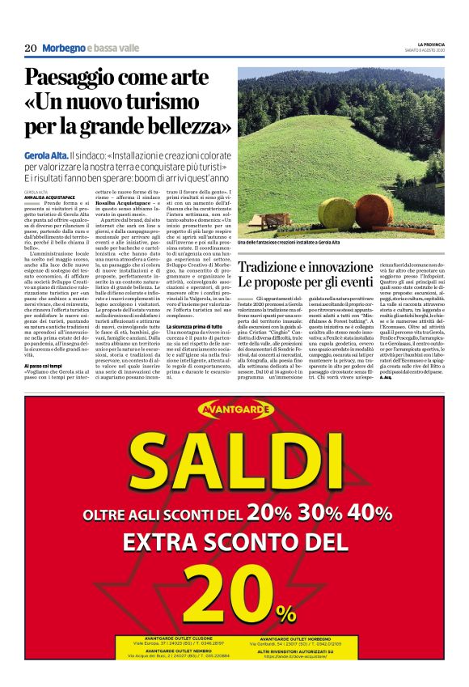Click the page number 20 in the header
[x=30, y=48]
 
